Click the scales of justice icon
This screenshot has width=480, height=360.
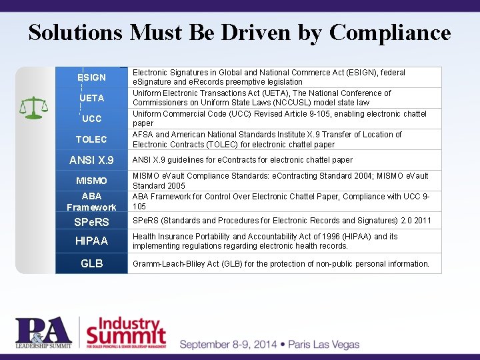coord(33,106)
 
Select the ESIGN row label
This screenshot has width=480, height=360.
coord(91,77)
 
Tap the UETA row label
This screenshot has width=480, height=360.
coord(91,98)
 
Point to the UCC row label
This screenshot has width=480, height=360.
coord(91,119)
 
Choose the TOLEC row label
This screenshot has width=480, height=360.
coord(91,139)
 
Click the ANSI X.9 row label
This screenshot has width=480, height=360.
coord(91,160)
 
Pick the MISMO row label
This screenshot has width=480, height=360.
coord(91,181)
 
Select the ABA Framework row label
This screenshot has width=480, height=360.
coord(91,201)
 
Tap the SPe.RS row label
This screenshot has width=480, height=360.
coord(91,221)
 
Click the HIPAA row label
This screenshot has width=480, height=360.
coord(91,241)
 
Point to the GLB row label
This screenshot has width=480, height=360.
coord(91,263)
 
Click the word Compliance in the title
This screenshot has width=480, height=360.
coord(390,33)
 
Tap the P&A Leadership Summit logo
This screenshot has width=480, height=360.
coord(44,333)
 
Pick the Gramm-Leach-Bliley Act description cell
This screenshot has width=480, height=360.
coord(280,263)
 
